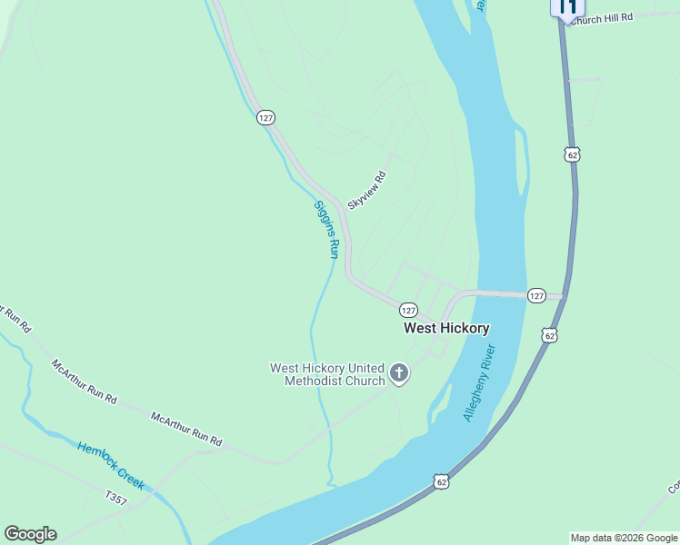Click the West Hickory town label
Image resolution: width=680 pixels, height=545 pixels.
(x=446, y=329)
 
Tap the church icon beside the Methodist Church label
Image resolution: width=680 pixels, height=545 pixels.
(x=398, y=372)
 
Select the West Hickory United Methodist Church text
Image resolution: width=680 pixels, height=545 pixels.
(x=327, y=374)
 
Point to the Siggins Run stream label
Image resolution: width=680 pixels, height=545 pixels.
(x=326, y=229)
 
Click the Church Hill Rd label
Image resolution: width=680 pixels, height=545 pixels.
(x=600, y=17)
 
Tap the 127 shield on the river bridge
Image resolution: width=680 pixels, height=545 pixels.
(x=536, y=295)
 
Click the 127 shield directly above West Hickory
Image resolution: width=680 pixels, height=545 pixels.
(x=408, y=310)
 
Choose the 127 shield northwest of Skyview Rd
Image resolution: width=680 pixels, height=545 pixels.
(x=265, y=118)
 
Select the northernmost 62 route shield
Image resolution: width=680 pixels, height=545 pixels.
(x=572, y=155)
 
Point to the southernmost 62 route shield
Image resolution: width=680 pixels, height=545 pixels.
(x=441, y=481)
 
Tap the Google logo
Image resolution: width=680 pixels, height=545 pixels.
(x=30, y=534)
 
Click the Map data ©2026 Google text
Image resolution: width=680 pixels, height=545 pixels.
(x=625, y=538)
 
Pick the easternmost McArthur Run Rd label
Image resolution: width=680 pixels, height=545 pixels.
(x=186, y=429)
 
